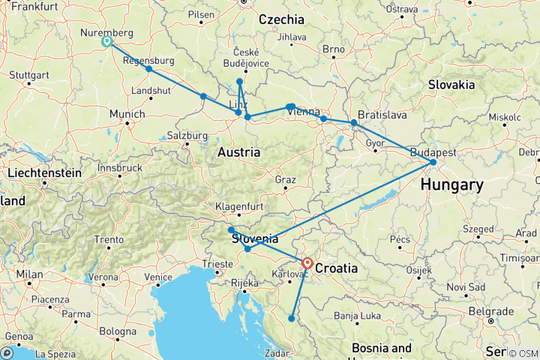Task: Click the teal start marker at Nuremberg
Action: click(x=106, y=42)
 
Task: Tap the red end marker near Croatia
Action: click(x=307, y=263)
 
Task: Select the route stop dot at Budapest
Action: click(x=433, y=162)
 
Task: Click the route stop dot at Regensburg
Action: click(x=149, y=69)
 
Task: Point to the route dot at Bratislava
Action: click(x=354, y=122)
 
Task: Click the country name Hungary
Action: click(x=451, y=184)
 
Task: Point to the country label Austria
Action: click(x=238, y=153)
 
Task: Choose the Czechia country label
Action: click(x=281, y=20)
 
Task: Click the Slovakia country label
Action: click(x=452, y=85)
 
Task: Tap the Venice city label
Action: click(x=158, y=277)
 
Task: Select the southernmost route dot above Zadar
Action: click(x=292, y=319)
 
